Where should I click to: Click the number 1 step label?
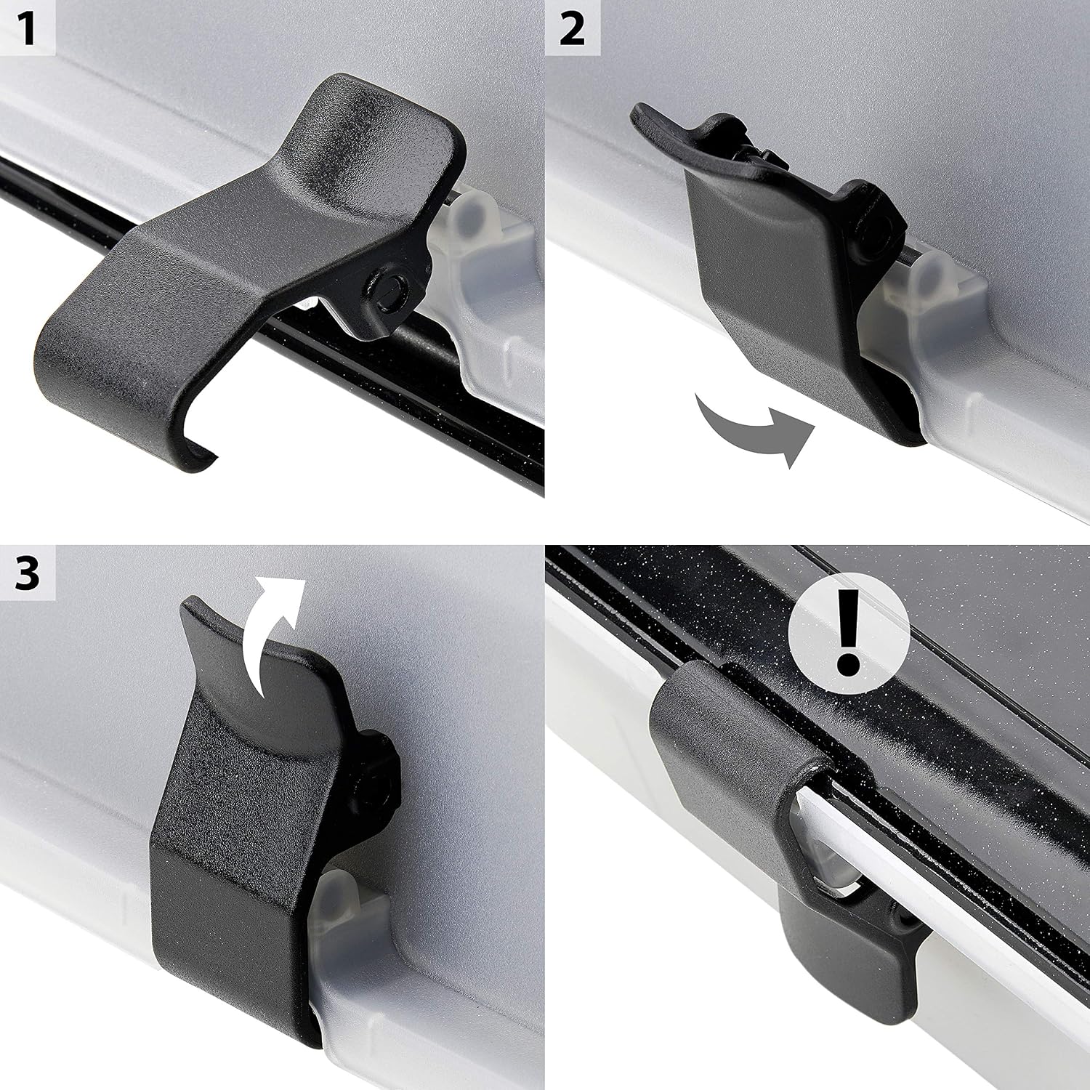28,29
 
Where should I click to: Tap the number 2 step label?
573,29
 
